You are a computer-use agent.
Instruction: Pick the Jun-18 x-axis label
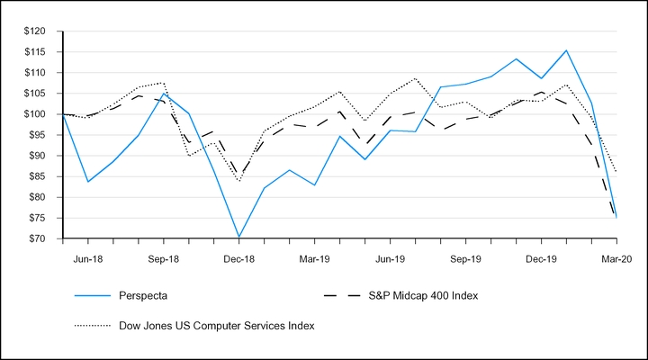click(x=87, y=257)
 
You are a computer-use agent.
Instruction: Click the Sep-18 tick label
click(x=163, y=257)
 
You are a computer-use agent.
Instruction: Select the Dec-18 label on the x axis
click(x=238, y=257)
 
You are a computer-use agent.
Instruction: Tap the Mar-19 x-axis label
click(x=314, y=257)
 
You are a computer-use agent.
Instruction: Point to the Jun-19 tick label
click(x=390, y=257)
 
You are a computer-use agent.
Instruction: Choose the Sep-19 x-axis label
click(x=465, y=257)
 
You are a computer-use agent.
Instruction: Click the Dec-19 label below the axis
click(x=541, y=257)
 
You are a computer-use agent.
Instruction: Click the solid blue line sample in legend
click(x=83, y=295)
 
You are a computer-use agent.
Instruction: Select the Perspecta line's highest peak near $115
click(x=566, y=50)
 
